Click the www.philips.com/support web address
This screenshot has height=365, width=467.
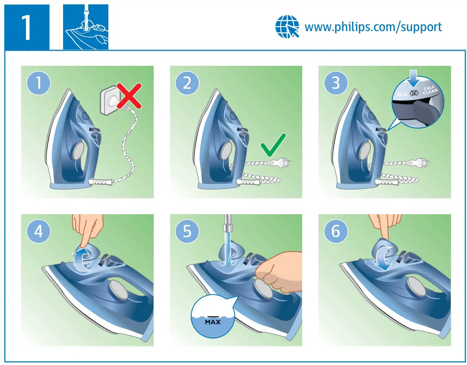(x=373, y=27)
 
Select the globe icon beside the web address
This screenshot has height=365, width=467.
(x=287, y=27)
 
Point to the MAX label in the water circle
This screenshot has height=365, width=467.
(x=213, y=321)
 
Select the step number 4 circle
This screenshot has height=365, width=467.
(x=38, y=231)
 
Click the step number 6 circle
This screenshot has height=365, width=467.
(x=336, y=231)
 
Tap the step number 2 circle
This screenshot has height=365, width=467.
(x=187, y=83)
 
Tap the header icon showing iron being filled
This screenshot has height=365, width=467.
(x=85, y=27)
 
